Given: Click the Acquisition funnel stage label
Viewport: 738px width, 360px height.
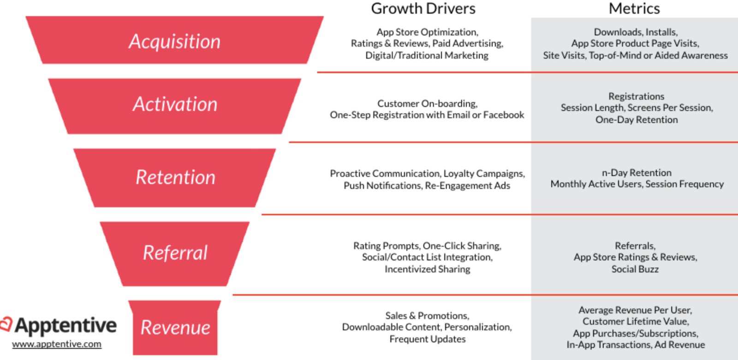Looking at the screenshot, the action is tap(175, 41).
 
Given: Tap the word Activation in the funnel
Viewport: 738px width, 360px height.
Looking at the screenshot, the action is tap(175, 104).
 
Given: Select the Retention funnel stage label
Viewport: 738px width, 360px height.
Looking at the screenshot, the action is tap(176, 177).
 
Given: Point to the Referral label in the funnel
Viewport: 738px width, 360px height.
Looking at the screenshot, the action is tap(175, 253).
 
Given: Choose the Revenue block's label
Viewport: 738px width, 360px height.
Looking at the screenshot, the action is tap(175, 327).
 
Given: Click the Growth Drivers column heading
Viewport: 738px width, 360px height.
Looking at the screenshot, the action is tap(423, 9).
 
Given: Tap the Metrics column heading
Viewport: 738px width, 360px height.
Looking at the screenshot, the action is tap(634, 9).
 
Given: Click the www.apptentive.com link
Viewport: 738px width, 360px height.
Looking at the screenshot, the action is tap(57, 344).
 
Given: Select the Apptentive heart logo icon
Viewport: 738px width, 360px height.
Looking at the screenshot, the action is tap(6, 324).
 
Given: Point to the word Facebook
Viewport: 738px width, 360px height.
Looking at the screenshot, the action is tap(504, 115).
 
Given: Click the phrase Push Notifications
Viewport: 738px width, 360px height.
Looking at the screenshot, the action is tap(382, 186).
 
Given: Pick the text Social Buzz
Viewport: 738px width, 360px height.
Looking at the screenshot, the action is tap(635, 269).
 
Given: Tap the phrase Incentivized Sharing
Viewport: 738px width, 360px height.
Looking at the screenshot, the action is tap(428, 269).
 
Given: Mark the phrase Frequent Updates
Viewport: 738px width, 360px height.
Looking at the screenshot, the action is tap(428, 339).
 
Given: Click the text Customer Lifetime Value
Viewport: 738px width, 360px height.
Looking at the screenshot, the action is tap(635, 321).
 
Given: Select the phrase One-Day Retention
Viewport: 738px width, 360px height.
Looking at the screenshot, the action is tap(637, 119).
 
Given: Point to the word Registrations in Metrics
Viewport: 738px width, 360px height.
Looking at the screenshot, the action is tap(637, 96).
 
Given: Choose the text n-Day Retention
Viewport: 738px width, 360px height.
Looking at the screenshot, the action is tap(637, 172).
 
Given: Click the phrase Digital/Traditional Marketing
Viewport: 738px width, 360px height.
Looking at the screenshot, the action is tap(427, 55).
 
